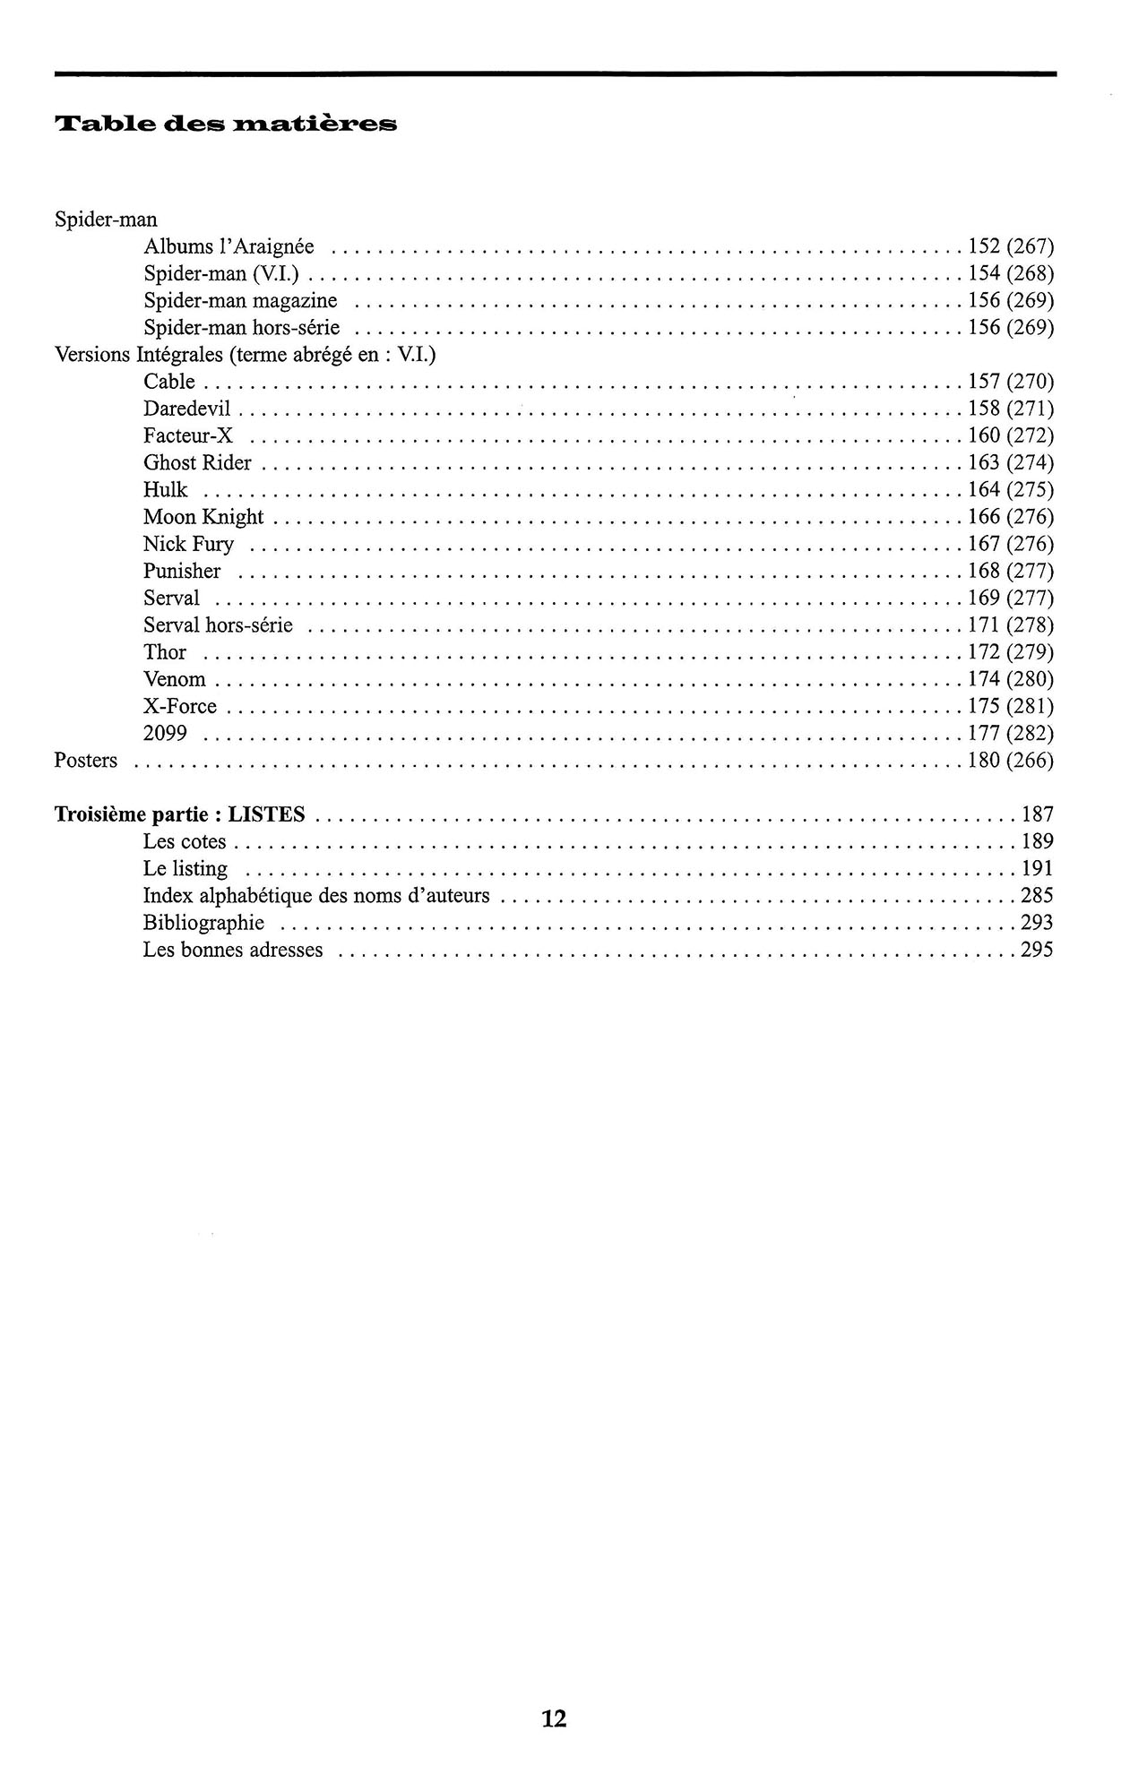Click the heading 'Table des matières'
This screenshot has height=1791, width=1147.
point(226,124)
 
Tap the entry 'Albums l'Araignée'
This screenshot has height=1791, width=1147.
point(229,246)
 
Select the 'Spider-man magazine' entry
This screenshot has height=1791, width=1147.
point(240,300)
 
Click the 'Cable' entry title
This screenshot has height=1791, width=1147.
point(168,382)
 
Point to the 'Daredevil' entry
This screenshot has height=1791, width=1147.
point(186,409)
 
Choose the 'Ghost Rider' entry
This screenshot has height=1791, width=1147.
point(197,463)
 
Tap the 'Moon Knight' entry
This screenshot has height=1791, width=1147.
point(203,517)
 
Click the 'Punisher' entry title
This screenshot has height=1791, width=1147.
point(182,571)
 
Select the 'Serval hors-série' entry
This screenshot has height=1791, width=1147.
point(218,625)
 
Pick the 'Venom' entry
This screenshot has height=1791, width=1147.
point(174,679)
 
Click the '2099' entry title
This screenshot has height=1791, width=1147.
point(165,734)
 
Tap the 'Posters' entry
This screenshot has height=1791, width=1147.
point(86,761)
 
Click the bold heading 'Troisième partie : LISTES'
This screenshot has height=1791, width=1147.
point(179,814)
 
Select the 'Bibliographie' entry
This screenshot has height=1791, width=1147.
point(203,923)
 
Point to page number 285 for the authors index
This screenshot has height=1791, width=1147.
point(1037,896)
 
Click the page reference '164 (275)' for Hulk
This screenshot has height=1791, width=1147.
point(1011,490)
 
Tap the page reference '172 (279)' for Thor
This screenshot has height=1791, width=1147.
point(1011,652)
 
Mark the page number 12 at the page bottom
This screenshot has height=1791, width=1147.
point(554,1718)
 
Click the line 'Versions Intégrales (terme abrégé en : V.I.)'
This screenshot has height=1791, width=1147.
point(246,355)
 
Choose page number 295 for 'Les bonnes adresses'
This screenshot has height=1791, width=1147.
point(1037,950)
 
